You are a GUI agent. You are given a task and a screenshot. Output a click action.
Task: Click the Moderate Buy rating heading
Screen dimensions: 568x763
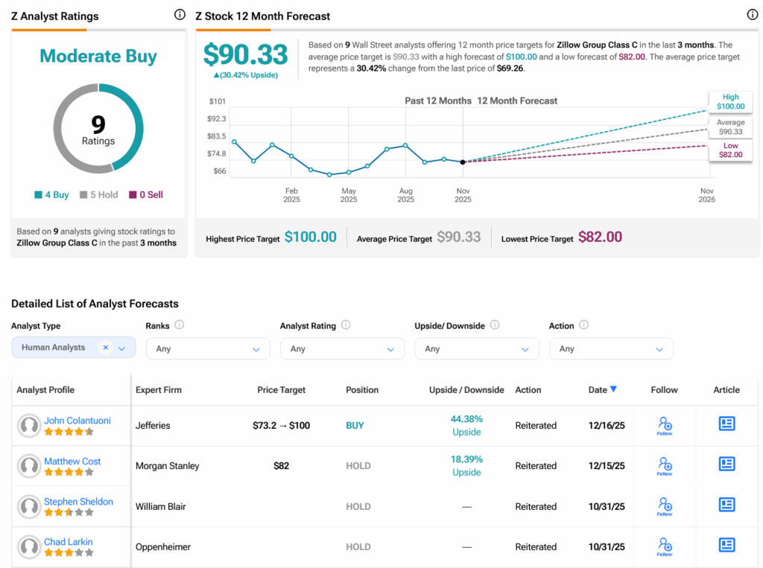(x=98, y=56)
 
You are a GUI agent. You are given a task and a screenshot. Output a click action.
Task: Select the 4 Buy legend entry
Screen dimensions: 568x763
(x=51, y=195)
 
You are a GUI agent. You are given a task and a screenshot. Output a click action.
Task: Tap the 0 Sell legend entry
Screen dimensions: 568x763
(x=145, y=195)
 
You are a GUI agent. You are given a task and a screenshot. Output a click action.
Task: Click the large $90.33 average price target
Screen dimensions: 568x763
(x=246, y=55)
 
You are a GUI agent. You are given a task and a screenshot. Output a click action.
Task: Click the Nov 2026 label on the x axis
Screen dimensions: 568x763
(x=707, y=195)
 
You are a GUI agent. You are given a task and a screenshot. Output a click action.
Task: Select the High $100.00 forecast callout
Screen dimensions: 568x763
(x=730, y=102)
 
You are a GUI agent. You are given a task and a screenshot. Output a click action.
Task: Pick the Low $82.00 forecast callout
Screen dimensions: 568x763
(x=730, y=150)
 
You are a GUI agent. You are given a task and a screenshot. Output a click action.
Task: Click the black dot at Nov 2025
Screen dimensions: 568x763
(x=463, y=162)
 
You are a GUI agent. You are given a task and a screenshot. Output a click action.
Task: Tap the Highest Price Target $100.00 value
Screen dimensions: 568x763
(x=311, y=237)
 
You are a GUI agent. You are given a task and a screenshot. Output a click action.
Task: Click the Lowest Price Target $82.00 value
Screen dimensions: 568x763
(x=600, y=237)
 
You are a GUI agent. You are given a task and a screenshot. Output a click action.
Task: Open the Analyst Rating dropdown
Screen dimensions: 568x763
(x=342, y=348)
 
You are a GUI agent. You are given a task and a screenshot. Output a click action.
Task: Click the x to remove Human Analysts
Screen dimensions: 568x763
(x=106, y=348)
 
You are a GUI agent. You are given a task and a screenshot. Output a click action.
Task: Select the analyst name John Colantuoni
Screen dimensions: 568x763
(x=77, y=421)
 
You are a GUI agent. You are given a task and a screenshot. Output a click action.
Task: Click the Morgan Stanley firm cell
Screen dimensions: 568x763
(x=168, y=466)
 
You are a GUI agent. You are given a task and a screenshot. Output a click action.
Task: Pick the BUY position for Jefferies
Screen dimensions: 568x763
(x=355, y=426)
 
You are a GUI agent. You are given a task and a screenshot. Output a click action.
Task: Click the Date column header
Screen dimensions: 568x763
(x=602, y=389)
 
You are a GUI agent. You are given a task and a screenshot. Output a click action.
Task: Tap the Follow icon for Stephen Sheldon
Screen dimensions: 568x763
(x=665, y=506)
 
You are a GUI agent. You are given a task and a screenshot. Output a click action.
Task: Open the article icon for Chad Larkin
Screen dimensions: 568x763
(x=726, y=546)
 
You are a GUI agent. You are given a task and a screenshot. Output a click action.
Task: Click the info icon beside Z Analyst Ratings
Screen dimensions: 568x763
(x=180, y=15)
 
